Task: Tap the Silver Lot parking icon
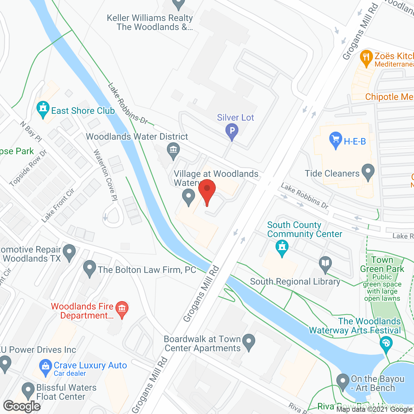point(232,131)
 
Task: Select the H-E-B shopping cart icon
point(335,140)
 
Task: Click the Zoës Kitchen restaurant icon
point(366,58)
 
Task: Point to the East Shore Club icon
point(43,109)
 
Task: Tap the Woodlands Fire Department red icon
point(122,309)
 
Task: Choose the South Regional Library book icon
point(325,264)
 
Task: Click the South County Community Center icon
point(282,248)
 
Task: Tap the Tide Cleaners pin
point(368,172)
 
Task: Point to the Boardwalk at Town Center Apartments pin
point(248,342)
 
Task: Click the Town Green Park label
point(382,264)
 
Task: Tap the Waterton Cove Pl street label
point(105,175)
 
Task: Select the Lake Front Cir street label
point(58,205)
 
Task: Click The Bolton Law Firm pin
point(90,268)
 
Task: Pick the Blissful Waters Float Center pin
point(28,390)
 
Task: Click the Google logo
point(22,406)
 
